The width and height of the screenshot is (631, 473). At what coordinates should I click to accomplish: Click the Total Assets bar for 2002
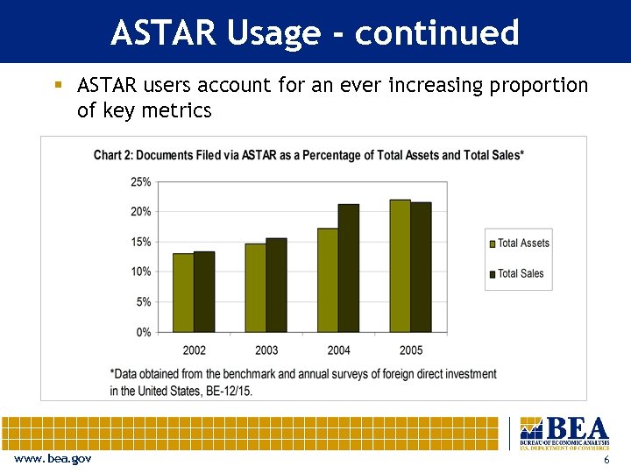tap(183, 293)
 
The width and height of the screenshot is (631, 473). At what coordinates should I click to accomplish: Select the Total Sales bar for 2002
tap(204, 292)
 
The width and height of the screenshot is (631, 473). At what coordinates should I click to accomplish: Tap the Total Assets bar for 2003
tap(256, 287)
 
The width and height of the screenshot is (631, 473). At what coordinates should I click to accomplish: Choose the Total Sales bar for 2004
tap(349, 268)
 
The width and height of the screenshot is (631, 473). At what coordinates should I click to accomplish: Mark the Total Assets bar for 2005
tap(401, 265)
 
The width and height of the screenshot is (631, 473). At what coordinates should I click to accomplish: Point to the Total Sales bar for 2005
tap(421, 267)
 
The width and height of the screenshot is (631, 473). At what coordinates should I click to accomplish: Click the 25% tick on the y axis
tap(140, 182)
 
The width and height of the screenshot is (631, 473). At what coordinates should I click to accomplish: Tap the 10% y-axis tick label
tap(140, 272)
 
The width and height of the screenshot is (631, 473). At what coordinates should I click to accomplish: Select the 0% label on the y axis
tap(143, 332)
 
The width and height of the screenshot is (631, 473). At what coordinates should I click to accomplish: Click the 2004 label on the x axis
tap(338, 350)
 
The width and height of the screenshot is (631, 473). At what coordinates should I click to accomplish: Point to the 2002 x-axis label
tap(194, 350)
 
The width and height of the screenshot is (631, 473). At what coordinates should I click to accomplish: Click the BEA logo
tap(564, 434)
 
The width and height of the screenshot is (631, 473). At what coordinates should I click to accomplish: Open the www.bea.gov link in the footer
tap(52, 460)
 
